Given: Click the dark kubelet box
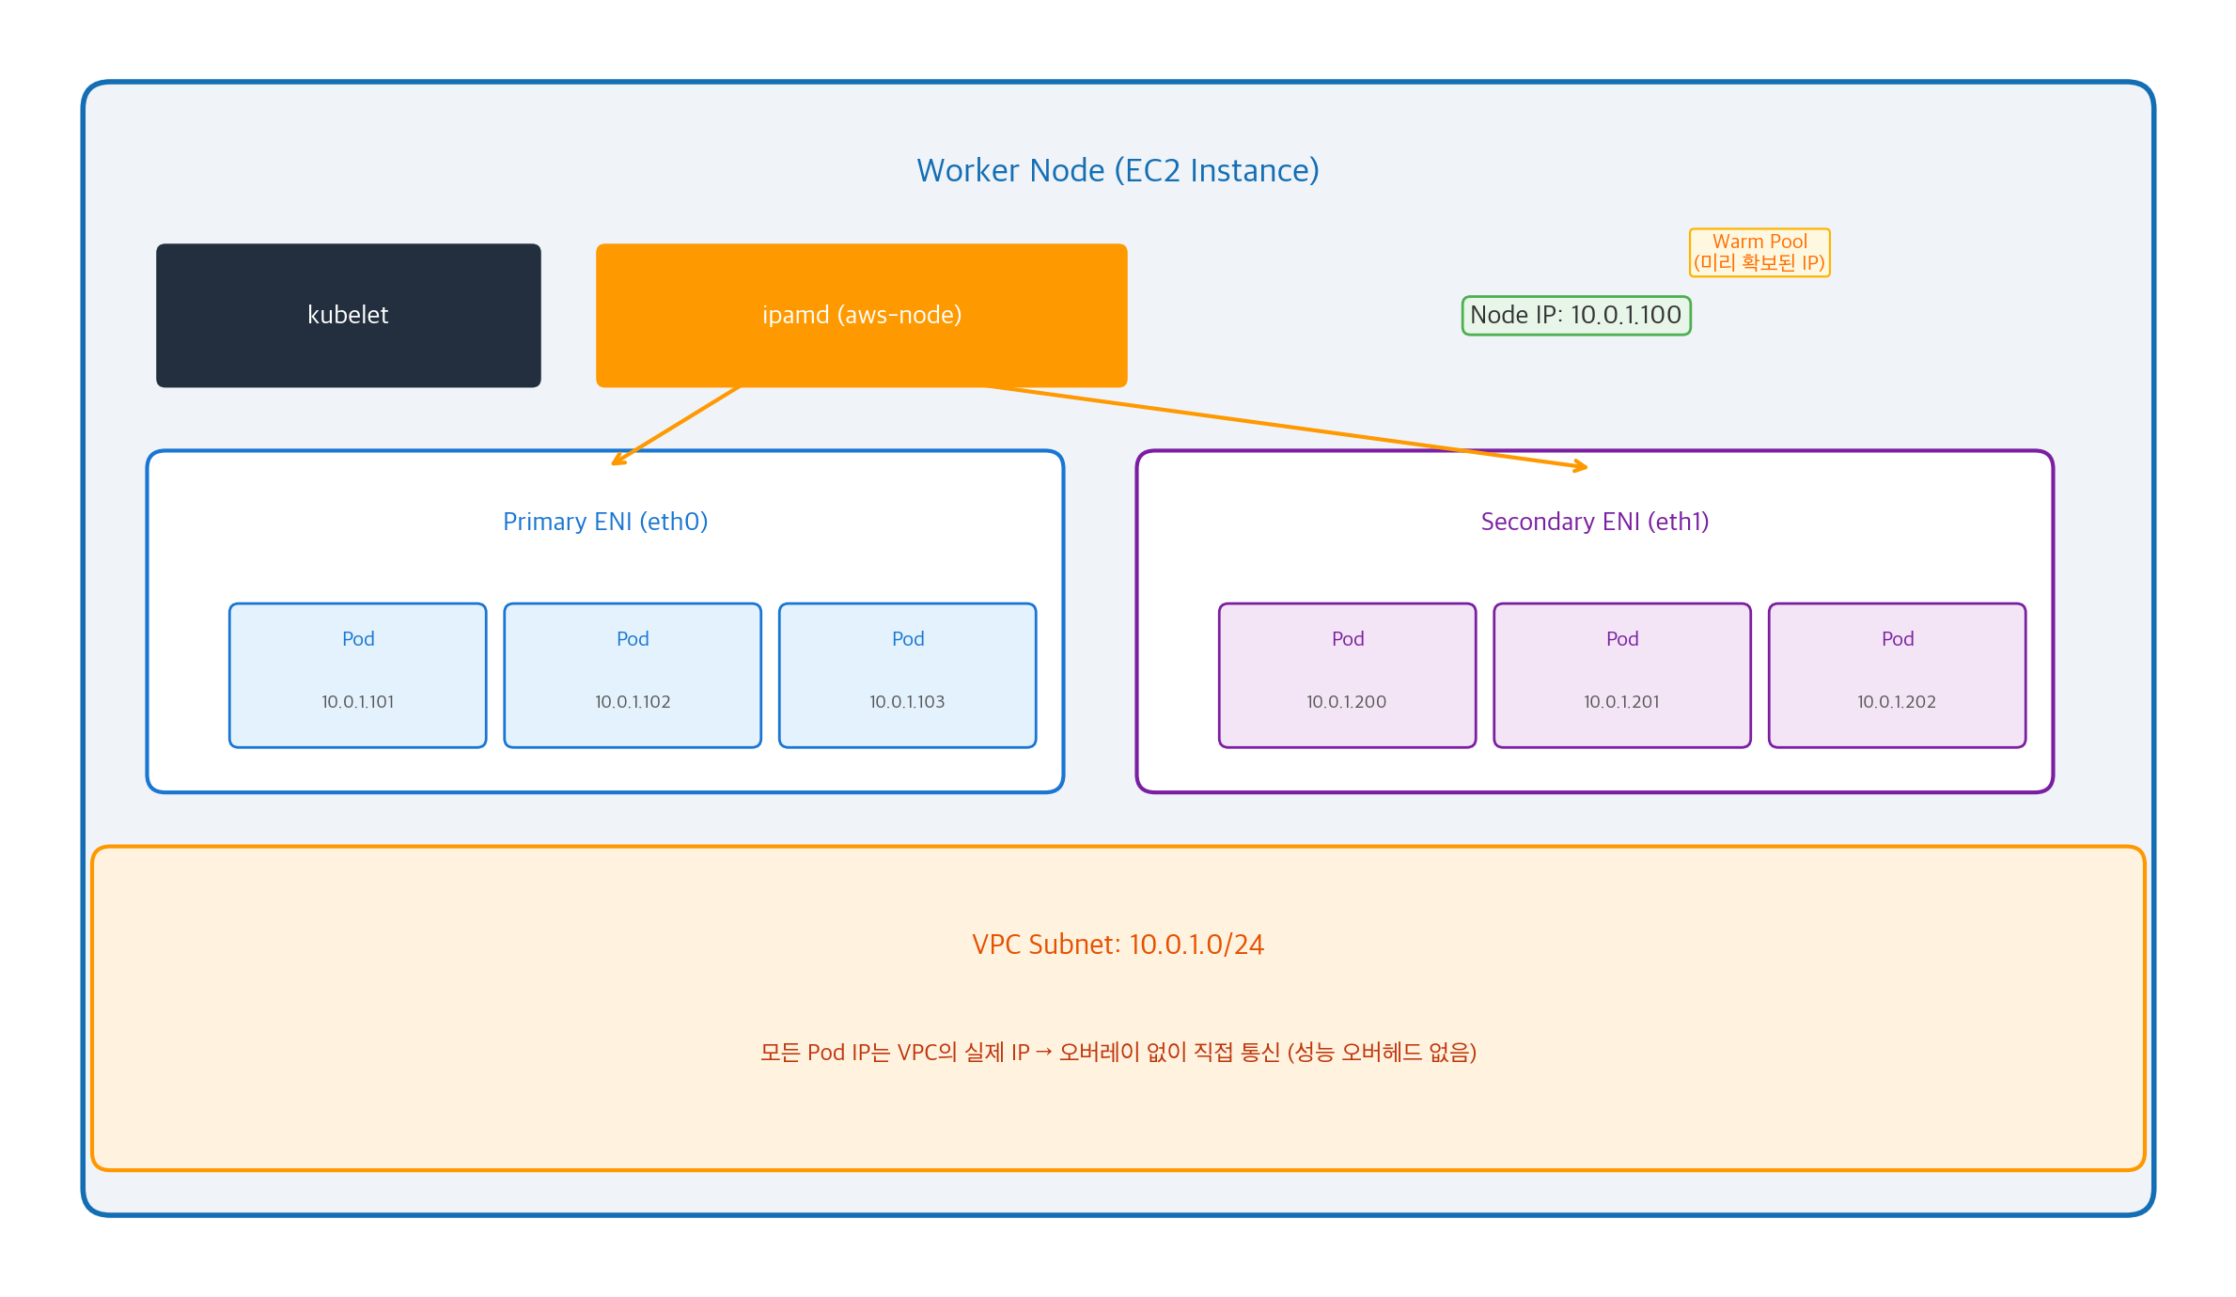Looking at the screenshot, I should (348, 315).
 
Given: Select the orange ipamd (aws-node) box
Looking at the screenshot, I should (861, 315).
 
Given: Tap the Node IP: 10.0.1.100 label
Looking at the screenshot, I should (1575, 315).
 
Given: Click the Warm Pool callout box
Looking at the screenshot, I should (1759, 252).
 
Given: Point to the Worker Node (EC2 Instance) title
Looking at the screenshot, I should (1118, 170).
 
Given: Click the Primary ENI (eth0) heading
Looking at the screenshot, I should (605, 522).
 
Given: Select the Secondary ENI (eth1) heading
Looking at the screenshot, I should (1594, 522).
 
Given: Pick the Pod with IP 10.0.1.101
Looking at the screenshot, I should (357, 675).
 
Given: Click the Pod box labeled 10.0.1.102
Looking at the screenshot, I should (633, 675).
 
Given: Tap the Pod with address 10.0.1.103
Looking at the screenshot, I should (907, 675).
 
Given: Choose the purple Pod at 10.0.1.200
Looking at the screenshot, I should (1347, 675).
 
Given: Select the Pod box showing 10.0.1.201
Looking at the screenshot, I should (1621, 675).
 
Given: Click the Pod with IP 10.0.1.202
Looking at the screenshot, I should (1897, 675).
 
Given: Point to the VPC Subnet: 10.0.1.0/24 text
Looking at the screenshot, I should (1118, 945).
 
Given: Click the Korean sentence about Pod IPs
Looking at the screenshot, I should (1118, 1052).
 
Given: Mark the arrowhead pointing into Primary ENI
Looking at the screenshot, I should (617, 461).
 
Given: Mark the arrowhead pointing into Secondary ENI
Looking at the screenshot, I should (1582, 466).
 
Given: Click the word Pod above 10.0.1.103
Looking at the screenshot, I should (907, 639).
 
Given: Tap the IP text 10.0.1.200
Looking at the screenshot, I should (1346, 702).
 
